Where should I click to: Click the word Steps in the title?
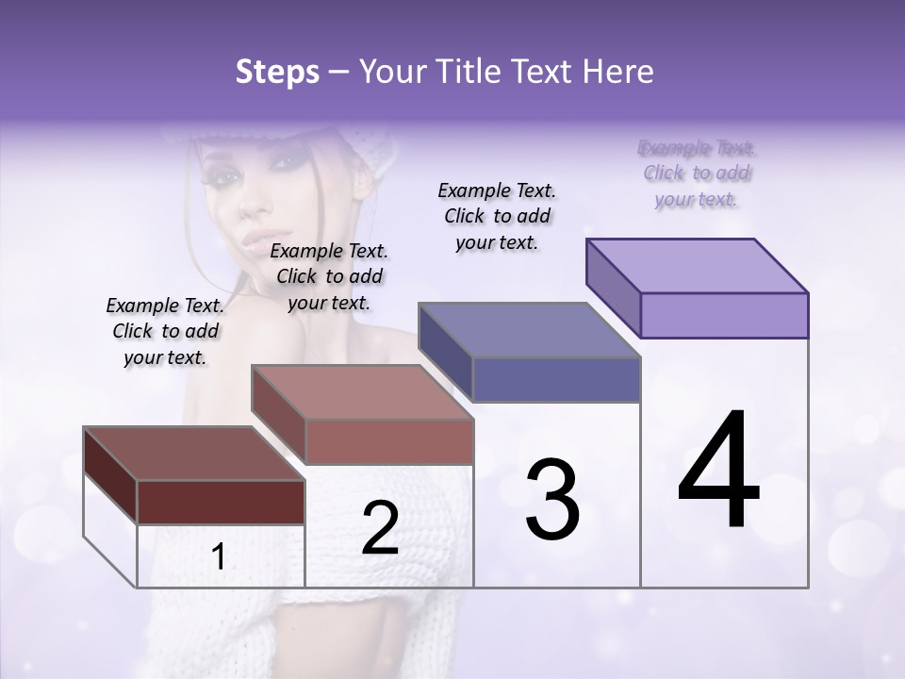pyautogui.click(x=277, y=72)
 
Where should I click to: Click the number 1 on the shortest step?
pyautogui.click(x=219, y=557)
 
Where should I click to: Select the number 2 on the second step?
pyautogui.click(x=380, y=528)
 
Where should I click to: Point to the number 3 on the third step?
pyautogui.click(x=552, y=500)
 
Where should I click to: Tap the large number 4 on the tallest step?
pyautogui.click(x=718, y=472)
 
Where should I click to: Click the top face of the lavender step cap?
pyautogui.click(x=698, y=265)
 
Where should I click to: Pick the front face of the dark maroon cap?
pyautogui.click(x=221, y=502)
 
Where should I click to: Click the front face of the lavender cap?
pyautogui.click(x=724, y=315)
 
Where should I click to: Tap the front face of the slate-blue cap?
pyautogui.click(x=556, y=380)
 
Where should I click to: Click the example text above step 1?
pyautogui.click(x=165, y=331)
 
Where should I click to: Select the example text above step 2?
pyautogui.click(x=329, y=276)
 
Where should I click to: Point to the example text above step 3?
pyautogui.click(x=497, y=216)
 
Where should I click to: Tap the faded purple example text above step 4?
pyautogui.click(x=697, y=174)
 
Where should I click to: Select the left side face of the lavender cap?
pyautogui.click(x=614, y=287)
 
